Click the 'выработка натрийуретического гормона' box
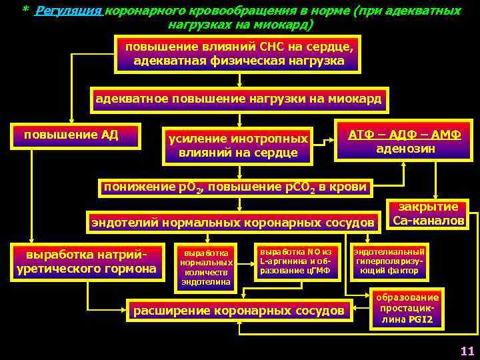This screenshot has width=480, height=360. tap(85, 261)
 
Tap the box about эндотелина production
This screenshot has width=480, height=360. tap(206, 267)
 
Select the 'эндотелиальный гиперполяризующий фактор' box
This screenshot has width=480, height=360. tap(389, 261)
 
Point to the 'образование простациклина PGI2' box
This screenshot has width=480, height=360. tap(407, 309)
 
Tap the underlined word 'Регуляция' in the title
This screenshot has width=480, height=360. tap(69, 11)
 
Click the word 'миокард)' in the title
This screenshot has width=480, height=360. tap(288, 24)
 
